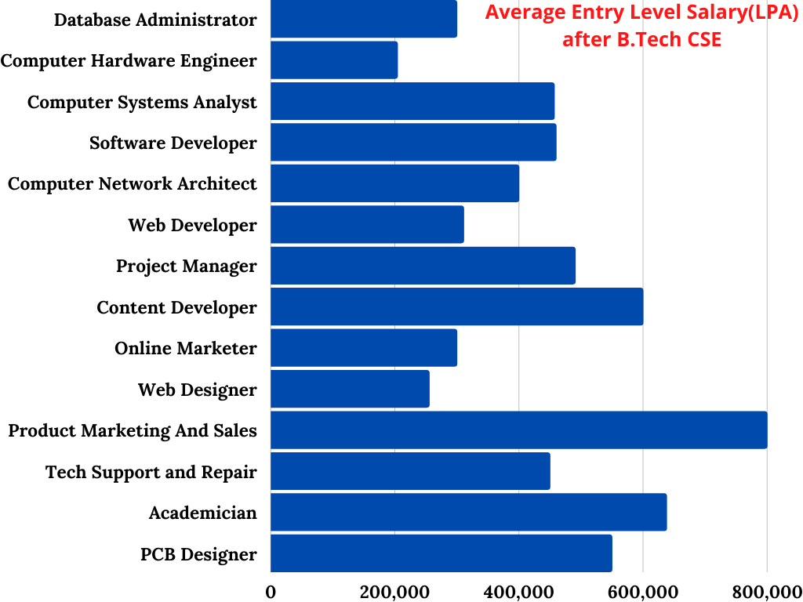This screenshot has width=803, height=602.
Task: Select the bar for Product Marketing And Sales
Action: [518, 430]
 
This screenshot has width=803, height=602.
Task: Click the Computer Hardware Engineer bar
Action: [334, 60]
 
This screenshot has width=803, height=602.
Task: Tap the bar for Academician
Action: [468, 513]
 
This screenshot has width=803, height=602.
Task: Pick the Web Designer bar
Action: [350, 390]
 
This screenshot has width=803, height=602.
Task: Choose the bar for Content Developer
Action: [456, 306]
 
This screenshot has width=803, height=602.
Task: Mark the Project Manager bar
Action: [423, 266]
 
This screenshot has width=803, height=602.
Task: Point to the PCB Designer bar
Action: [441, 553]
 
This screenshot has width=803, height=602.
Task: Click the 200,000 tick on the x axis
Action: [394, 590]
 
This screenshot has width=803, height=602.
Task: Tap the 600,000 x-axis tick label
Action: [643, 590]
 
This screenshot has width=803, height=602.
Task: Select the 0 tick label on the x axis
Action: [271, 590]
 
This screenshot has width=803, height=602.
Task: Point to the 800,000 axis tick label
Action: [766, 590]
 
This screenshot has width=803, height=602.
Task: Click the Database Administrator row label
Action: [155, 20]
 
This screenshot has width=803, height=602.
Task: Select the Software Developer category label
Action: [173, 143]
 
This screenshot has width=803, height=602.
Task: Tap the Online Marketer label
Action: [185, 348]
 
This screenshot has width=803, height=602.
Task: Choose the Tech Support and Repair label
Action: [151, 472]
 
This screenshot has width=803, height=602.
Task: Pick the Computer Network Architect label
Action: [132, 183]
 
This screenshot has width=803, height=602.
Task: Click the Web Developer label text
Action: [192, 225]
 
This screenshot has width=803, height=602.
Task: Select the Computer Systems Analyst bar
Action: [412, 101]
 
